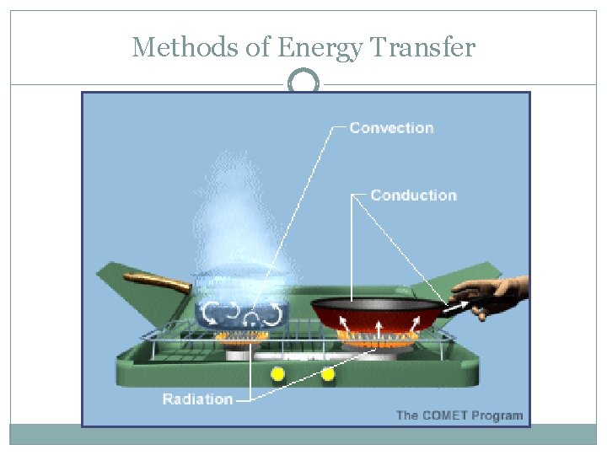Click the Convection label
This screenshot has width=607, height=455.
(391, 128)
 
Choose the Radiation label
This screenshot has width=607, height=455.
(197, 399)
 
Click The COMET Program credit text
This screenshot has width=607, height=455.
(459, 415)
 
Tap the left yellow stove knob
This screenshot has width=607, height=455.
(276, 373)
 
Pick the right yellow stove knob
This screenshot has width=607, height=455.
(328, 373)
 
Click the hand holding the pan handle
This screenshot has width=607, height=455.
(493, 295)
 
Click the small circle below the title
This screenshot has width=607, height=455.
(303, 83)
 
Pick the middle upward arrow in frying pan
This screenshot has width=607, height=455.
(378, 325)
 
